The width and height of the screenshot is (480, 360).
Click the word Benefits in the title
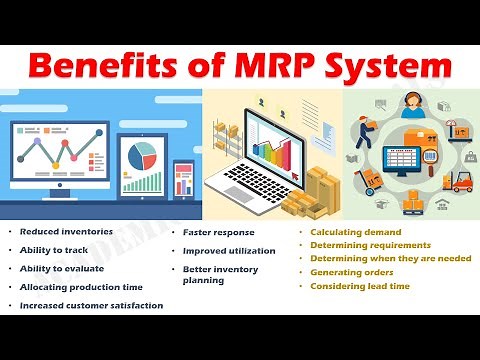(x=119, y=67)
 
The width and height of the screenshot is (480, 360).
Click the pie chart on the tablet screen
(x=143, y=155)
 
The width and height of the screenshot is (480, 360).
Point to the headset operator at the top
(x=411, y=109)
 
